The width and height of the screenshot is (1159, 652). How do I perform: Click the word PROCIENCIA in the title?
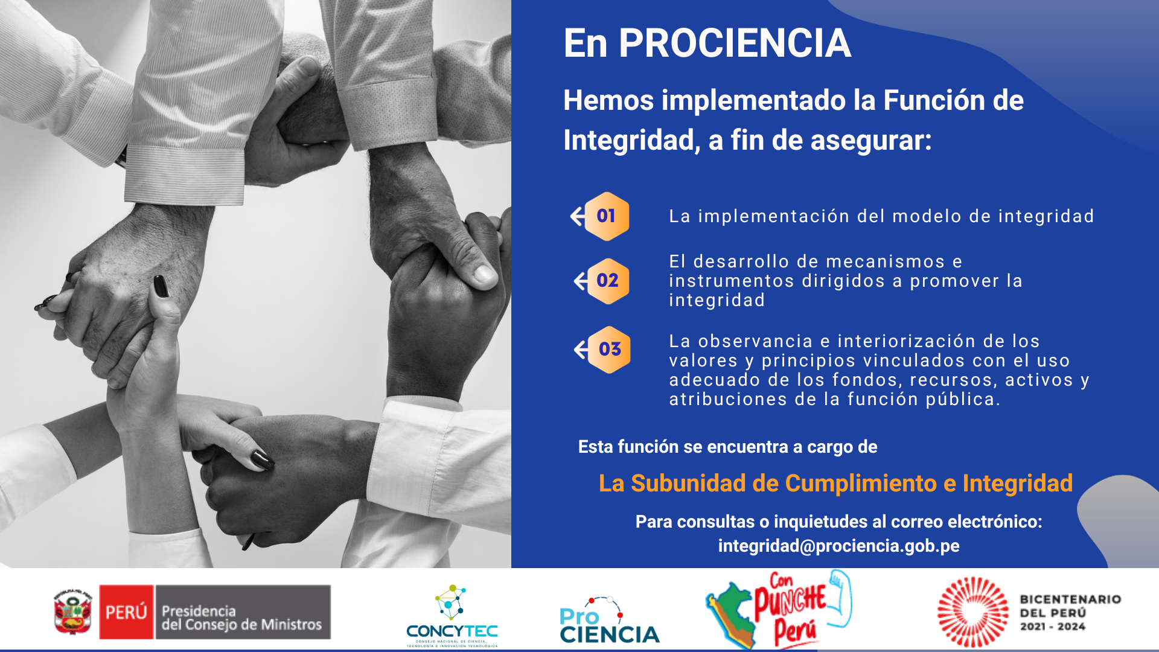coord(735,43)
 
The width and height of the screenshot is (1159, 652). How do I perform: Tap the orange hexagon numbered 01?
coord(607,216)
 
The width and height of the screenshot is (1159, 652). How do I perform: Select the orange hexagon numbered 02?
coord(608,281)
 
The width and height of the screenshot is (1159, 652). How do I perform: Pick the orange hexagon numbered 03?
coord(609,350)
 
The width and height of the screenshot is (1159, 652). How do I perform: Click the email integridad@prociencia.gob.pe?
coord(838,546)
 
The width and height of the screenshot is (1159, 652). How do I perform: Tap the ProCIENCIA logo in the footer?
coord(609,620)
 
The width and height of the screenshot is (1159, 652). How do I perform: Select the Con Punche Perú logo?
coord(779,609)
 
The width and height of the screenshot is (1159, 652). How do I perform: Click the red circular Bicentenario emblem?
coord(972,612)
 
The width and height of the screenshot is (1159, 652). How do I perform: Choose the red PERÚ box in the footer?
coord(126,612)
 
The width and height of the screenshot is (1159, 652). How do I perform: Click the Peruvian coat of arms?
coord(72,612)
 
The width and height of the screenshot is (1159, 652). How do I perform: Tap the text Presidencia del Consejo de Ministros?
coord(241,618)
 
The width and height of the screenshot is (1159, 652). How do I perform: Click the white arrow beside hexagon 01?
coord(578,216)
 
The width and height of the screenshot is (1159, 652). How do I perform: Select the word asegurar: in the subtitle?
coord(871,140)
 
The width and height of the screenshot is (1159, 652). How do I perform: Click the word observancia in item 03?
coord(755,341)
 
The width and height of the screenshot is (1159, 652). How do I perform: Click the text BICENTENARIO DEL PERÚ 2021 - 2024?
coord(1070,613)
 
